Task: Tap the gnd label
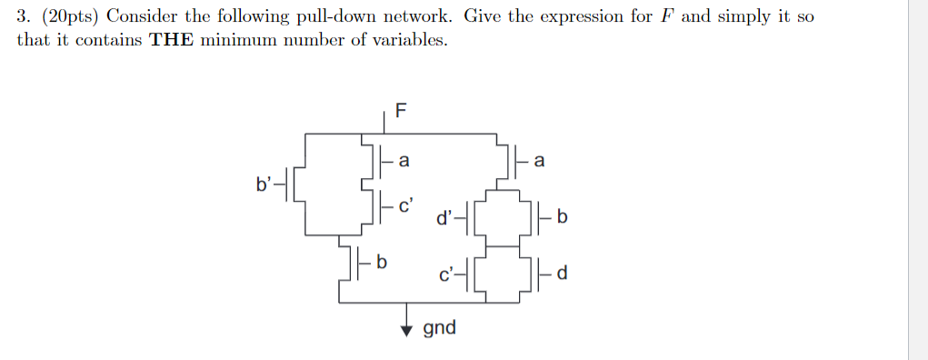pyautogui.click(x=440, y=327)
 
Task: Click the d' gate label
pyautogui.click(x=444, y=217)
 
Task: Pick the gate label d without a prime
pyautogui.click(x=564, y=273)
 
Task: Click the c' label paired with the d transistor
pyautogui.click(x=444, y=273)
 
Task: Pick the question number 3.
pyautogui.click(x=22, y=17)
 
